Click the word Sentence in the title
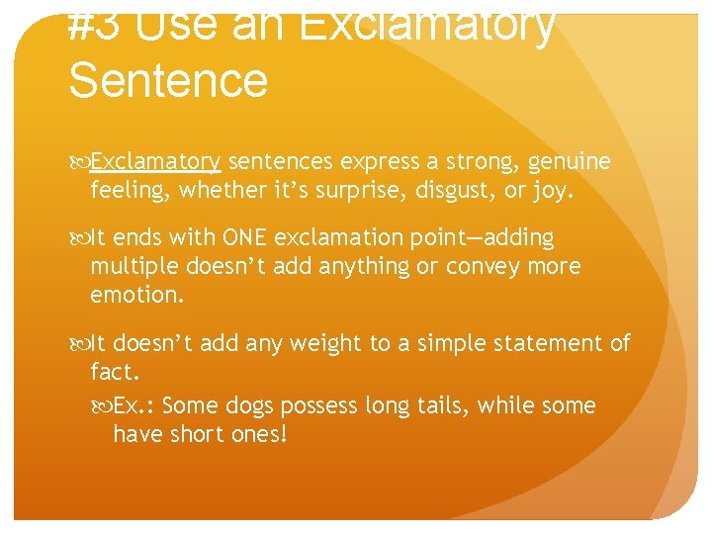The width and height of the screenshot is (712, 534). pos(168,79)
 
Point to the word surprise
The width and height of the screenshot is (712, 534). pos(357,189)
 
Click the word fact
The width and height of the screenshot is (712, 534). pos(113,372)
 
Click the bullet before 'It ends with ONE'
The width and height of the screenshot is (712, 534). pos(79,238)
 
